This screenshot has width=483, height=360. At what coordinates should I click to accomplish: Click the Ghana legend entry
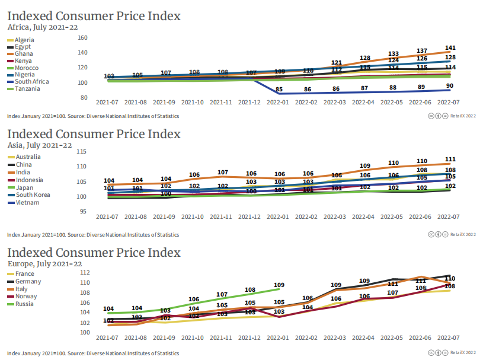point(24,54)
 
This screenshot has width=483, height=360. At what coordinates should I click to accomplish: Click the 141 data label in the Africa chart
point(449,47)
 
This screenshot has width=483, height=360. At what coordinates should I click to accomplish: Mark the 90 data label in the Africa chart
point(449,86)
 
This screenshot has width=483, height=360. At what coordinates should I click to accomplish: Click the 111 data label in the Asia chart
point(449,159)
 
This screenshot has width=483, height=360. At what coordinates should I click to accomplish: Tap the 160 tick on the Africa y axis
point(83,37)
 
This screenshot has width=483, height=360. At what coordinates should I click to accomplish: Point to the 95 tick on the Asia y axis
point(84,211)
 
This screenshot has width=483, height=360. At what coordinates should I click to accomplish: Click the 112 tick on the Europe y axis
point(84,272)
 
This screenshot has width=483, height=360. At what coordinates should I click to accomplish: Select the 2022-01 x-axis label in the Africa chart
point(279,103)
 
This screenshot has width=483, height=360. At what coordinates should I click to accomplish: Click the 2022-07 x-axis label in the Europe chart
point(449,338)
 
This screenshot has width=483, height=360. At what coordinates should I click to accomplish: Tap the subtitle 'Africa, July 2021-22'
point(43,27)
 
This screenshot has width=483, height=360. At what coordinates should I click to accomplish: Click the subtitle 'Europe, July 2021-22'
point(44,263)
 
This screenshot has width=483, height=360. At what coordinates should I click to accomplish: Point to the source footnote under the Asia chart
point(93,235)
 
